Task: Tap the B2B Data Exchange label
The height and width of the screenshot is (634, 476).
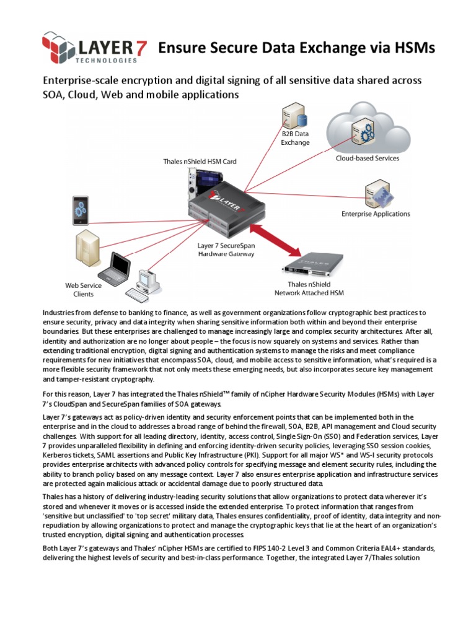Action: tap(295, 138)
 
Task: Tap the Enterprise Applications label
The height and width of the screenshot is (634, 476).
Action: tap(376, 214)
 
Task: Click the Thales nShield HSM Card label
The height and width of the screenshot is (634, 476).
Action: tap(200, 162)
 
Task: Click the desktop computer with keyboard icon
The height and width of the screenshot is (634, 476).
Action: tap(145, 284)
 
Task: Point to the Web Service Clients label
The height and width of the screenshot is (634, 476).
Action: tap(83, 290)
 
